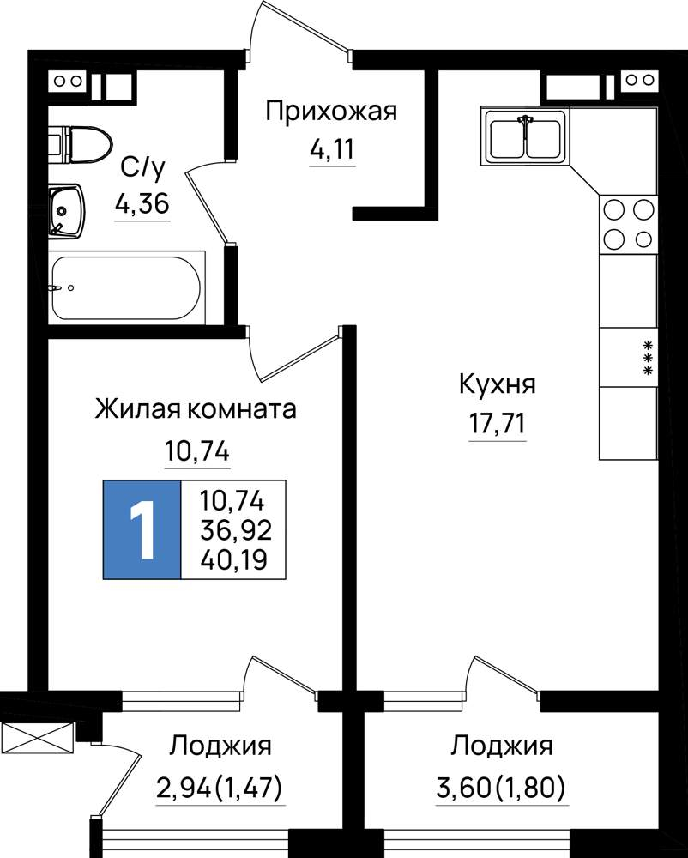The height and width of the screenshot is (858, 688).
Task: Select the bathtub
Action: [126, 287]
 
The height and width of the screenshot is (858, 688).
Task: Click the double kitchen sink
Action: [525, 136]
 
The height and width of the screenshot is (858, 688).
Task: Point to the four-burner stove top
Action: [629, 224]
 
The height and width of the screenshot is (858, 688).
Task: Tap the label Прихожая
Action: [331, 112]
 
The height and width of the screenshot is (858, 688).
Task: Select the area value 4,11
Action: [333, 148]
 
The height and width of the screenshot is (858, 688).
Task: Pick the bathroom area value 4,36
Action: [142, 204]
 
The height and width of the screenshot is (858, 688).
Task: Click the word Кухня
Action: [498, 384]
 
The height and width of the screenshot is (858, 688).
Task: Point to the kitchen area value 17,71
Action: [498, 423]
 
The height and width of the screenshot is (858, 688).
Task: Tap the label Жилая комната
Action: [196, 408]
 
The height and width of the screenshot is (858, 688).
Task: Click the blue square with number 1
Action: [142, 529]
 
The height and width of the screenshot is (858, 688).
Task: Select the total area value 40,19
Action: [233, 559]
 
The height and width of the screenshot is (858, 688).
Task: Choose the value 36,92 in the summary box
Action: [236, 529]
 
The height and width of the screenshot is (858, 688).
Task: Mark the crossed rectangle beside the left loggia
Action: [37, 739]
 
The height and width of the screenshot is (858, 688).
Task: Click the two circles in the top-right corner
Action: [640, 81]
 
